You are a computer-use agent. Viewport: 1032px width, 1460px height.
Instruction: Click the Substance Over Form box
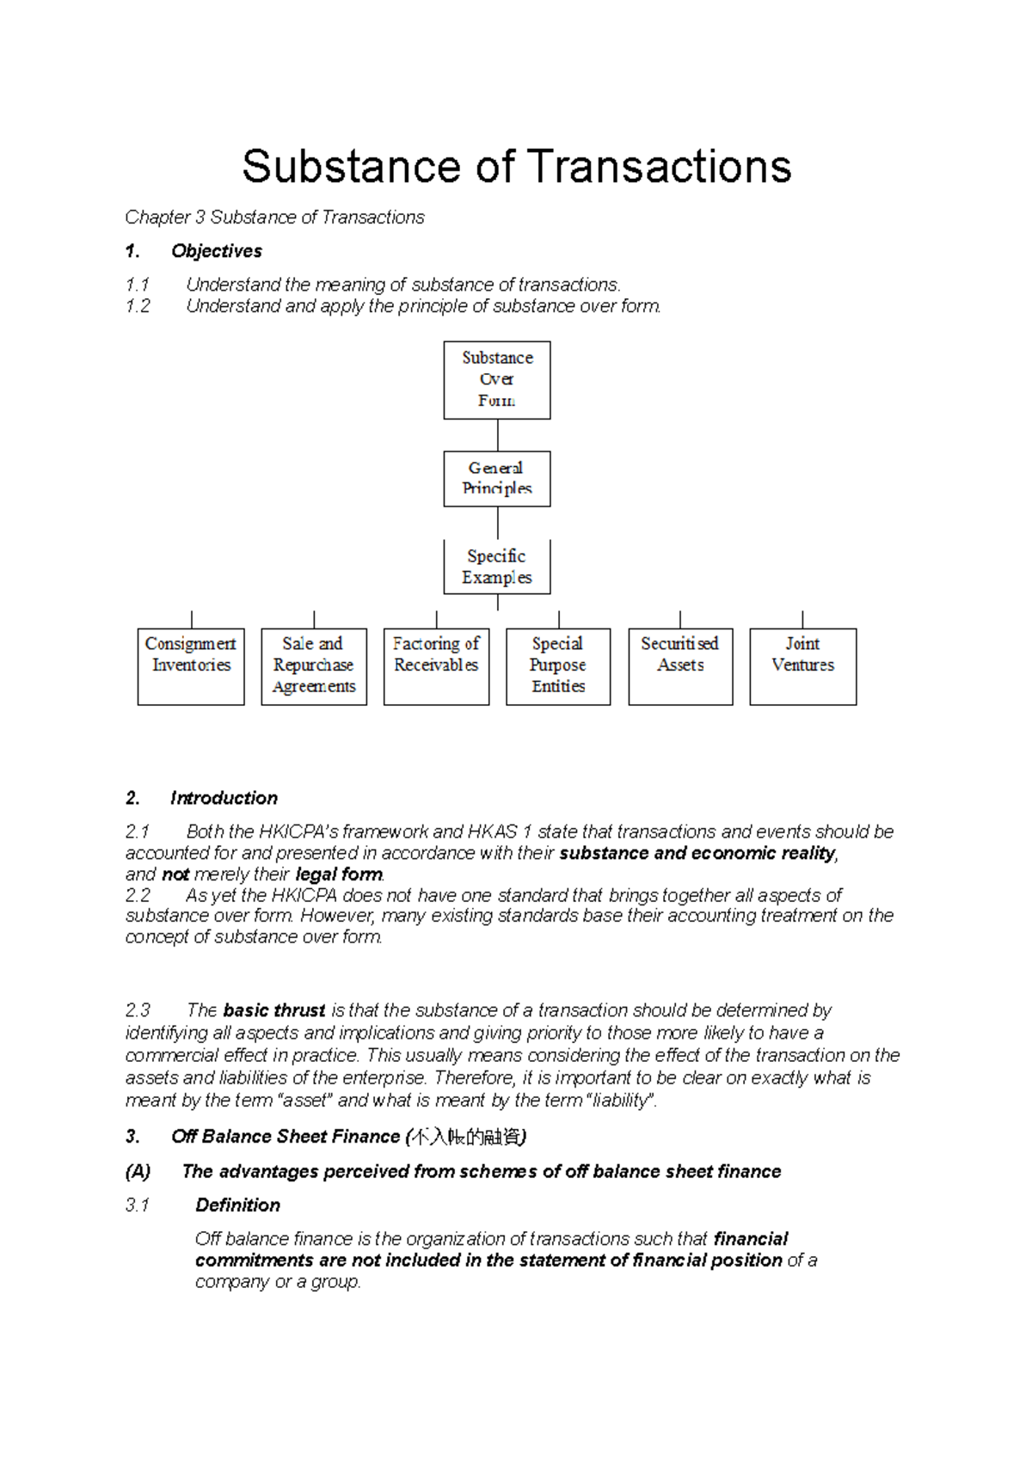[497, 380]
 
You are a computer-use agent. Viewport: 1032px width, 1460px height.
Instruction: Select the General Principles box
[497, 479]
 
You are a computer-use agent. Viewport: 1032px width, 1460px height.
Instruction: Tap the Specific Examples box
[497, 567]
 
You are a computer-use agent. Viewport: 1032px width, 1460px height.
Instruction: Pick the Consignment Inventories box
[191, 666]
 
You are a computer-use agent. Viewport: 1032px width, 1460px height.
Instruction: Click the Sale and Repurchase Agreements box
[314, 666]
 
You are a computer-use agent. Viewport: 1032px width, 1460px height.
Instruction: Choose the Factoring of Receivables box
[436, 666]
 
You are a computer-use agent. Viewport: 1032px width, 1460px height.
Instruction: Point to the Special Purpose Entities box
[558, 666]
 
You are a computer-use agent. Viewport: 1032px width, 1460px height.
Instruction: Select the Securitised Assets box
[680, 666]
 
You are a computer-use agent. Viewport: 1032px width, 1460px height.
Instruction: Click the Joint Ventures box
[802, 666]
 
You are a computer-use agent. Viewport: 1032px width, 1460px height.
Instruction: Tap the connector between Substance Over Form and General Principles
[498, 435]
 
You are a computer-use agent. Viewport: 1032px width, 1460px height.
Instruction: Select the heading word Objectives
[217, 251]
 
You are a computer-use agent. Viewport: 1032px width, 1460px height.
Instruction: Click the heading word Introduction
[224, 798]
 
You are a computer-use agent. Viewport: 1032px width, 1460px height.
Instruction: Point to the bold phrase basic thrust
[273, 1010]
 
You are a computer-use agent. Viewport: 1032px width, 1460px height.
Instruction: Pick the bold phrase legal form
[339, 874]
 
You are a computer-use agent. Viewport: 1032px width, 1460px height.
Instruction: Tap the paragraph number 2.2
[138, 895]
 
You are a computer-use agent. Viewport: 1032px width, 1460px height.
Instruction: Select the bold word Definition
[237, 1205]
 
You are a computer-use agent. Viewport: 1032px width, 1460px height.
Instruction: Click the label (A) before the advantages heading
[138, 1172]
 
